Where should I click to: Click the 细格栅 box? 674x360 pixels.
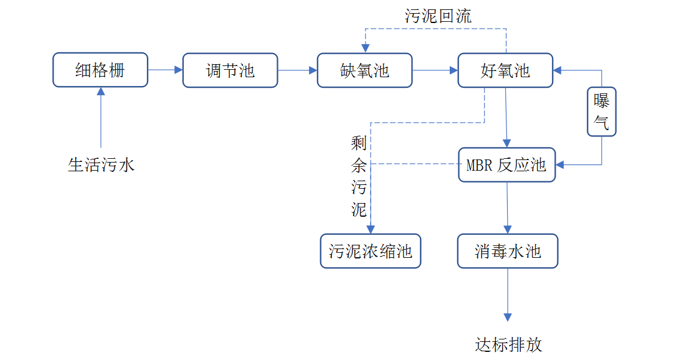coord(100,70)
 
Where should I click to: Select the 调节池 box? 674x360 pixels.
coord(230,70)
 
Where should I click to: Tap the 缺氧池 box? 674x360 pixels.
coord(364,70)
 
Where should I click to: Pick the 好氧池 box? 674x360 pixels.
coord(505,70)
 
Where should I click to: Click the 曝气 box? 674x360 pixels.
coord(601,111)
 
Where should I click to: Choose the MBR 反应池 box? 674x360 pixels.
coord(506,165)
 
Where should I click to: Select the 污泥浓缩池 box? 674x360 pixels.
coord(370,251)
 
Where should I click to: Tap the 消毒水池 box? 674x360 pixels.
coord(508,251)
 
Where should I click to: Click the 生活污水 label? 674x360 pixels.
coord(101,165)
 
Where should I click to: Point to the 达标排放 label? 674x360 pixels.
coord(508,344)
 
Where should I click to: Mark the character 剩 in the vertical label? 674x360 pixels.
coord(359,144)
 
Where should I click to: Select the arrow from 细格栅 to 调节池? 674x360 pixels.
coord(165,70)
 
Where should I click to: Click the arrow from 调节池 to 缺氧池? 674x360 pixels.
coord(297,70)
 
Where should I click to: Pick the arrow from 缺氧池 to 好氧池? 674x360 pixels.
coord(435,70)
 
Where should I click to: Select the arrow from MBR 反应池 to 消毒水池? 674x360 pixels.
coord(507,208)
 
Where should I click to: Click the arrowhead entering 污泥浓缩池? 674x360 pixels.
coord(371,229)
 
